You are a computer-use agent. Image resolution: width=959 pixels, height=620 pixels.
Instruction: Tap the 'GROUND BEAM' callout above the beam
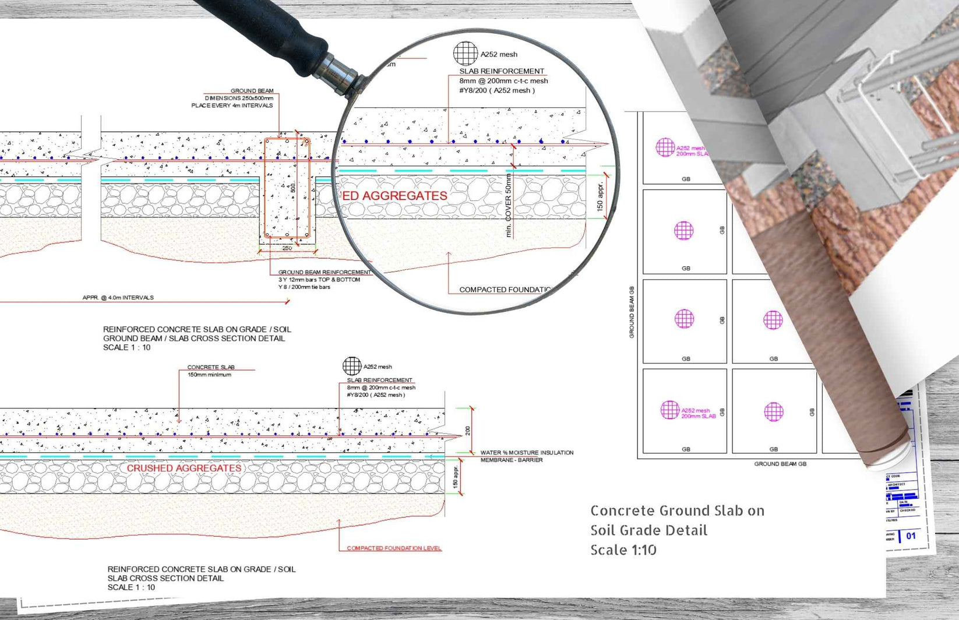[x=252, y=91]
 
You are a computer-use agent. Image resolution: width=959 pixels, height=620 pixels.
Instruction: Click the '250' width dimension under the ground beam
[x=287, y=248]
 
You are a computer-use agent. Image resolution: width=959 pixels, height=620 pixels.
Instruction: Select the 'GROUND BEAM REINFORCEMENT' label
[x=324, y=272]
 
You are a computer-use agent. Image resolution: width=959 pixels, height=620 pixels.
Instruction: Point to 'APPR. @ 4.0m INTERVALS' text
[x=118, y=298]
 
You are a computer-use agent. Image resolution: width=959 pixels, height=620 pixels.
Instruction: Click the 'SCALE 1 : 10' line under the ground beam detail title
[x=126, y=347]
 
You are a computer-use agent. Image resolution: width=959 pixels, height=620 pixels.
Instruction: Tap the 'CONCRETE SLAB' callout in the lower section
[x=210, y=367]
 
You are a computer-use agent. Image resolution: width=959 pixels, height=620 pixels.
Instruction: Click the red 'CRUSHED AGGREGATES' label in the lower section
[x=184, y=468]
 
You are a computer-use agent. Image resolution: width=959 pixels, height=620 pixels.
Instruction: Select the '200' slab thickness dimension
[x=468, y=431]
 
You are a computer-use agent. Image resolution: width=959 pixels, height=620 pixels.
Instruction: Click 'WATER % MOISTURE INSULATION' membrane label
[x=526, y=453]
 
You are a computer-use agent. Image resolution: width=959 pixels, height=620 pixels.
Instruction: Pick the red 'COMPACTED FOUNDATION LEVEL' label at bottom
[x=394, y=548]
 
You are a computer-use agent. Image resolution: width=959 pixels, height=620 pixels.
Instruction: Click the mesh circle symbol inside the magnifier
[x=465, y=54]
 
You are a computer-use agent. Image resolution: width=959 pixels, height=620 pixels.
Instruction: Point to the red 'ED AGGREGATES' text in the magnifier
[x=394, y=196]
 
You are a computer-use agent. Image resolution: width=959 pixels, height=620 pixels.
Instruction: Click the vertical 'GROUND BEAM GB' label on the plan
[x=632, y=312]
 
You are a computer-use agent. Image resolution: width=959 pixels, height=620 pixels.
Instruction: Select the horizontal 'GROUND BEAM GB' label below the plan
[x=780, y=464]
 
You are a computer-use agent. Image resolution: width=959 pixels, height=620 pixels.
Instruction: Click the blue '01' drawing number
[x=911, y=536]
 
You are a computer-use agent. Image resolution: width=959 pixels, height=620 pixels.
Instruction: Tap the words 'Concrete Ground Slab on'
[x=677, y=511]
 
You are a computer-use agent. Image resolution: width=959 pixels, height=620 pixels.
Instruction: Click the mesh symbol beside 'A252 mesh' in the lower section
[x=351, y=366]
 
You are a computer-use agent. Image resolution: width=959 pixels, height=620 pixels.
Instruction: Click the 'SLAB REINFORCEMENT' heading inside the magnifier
[x=501, y=71]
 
